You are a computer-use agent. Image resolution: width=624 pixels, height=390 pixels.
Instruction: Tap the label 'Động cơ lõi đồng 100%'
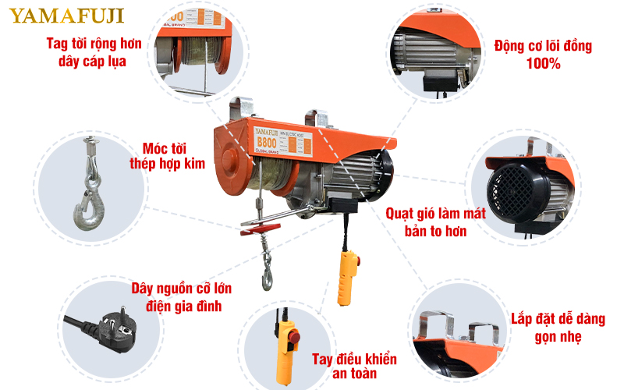(543, 55)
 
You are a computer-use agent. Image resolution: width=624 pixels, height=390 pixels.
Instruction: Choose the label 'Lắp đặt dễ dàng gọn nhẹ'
(546, 328)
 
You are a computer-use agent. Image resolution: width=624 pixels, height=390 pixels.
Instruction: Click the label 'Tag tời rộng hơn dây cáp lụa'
(94, 51)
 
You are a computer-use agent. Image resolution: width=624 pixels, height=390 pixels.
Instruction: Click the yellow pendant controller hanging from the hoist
(347, 277)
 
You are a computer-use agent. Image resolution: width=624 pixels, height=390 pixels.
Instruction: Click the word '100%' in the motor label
(543, 64)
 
